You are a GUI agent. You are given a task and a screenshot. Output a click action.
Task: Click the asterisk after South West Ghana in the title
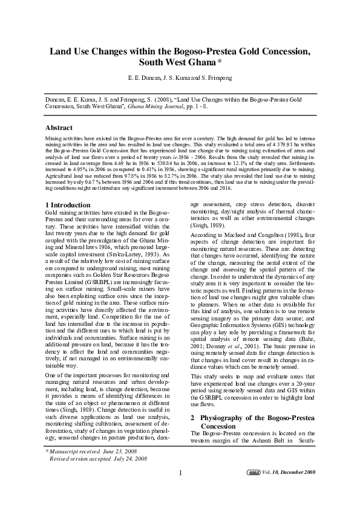coord(219,62)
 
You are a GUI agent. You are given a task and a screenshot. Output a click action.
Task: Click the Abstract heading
coord(59,128)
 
